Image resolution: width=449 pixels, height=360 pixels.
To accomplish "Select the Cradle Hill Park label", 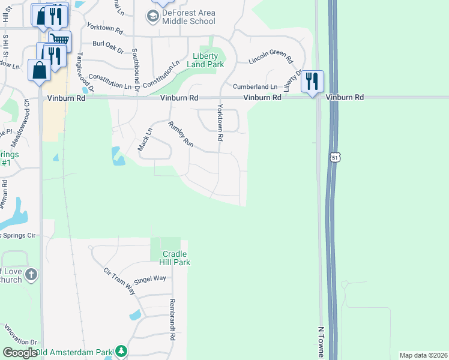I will (x=175, y=258).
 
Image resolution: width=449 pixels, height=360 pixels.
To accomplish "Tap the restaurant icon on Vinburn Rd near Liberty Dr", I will (x=312, y=81).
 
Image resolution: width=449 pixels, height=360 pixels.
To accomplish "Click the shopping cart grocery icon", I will (x=59, y=40).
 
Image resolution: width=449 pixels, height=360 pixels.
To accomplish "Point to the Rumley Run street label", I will (x=181, y=134).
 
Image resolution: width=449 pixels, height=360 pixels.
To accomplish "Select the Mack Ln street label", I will (x=145, y=139).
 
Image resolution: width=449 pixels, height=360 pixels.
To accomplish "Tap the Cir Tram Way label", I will (x=119, y=281).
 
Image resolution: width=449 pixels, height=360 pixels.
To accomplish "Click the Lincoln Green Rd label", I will (x=270, y=61).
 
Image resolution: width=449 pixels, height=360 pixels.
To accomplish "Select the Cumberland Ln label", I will (x=255, y=87).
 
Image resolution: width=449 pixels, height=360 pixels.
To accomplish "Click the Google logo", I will (x=20, y=353).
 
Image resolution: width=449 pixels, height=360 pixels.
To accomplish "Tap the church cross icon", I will (x=31, y=275).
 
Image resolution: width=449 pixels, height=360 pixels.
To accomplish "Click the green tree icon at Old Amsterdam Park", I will (x=121, y=350).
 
